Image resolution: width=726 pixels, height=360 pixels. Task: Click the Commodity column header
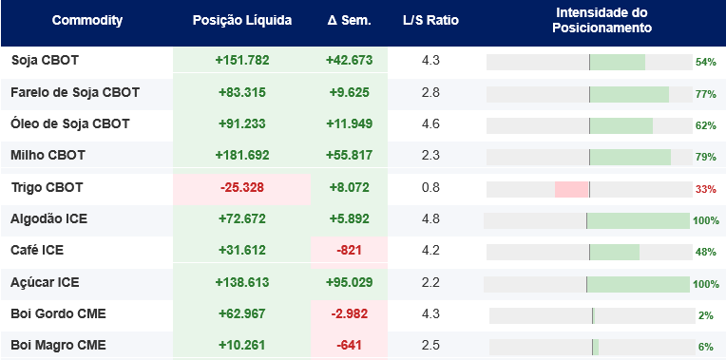tap(87, 20)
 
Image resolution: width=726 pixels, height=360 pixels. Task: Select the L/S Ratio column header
tap(430, 20)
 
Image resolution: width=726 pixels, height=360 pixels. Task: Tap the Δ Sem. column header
tap(349, 20)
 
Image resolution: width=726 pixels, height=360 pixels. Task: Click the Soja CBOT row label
tap(45, 61)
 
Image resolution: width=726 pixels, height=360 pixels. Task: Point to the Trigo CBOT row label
tap(47, 188)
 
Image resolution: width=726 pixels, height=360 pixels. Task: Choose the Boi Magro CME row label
tap(58, 345)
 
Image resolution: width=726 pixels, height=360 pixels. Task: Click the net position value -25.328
tap(242, 188)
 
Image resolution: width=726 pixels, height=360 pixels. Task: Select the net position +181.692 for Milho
tap(242, 155)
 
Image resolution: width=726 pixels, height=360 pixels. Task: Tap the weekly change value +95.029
tap(349, 282)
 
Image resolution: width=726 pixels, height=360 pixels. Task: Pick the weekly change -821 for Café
tap(349, 251)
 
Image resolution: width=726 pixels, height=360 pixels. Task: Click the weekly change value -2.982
tap(349, 313)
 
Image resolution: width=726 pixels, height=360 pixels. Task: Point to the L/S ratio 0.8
tap(430, 188)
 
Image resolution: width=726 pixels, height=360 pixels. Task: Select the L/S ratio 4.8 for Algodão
tap(430, 218)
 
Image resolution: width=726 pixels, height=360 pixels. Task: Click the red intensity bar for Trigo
tap(571, 189)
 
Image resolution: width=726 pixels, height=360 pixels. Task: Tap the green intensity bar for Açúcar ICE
tap(639, 285)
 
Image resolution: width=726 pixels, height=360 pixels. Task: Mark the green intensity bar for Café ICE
tap(615, 252)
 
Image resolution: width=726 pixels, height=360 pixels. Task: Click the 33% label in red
tap(706, 189)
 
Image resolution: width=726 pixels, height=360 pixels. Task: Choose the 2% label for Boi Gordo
tap(706, 316)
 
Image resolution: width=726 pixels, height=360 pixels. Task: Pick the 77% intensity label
tap(706, 95)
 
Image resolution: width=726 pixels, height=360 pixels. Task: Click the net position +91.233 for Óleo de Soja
tap(242, 124)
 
